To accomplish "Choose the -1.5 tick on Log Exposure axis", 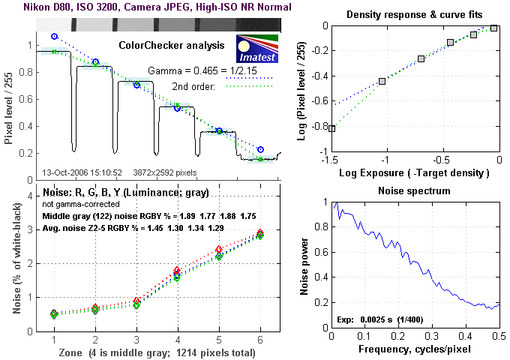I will point(330,160).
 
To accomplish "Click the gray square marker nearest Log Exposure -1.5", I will point(331,129).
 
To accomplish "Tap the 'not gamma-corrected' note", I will point(76,204).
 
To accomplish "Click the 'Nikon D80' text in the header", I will point(28,7).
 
